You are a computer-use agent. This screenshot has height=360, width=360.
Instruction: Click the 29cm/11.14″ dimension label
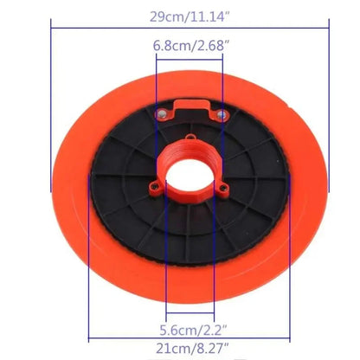(x=190, y=16)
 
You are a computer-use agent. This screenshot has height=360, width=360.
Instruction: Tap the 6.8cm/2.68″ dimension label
(x=190, y=46)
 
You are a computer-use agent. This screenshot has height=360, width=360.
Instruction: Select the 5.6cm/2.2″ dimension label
(x=193, y=330)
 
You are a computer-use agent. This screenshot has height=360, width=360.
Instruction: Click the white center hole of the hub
(x=190, y=176)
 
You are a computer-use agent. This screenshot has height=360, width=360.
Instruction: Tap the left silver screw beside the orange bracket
(x=161, y=113)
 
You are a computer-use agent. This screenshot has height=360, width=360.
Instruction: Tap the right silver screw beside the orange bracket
(x=221, y=115)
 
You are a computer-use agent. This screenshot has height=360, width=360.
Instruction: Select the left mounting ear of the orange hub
(x=155, y=188)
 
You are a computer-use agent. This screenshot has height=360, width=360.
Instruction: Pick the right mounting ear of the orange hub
(x=223, y=189)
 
